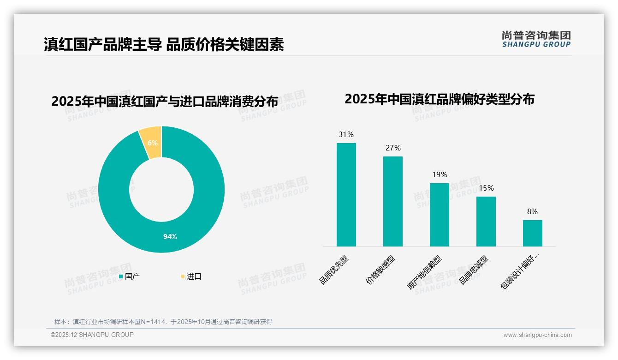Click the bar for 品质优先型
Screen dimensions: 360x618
click(x=346, y=195)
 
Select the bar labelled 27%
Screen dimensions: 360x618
click(x=392, y=201)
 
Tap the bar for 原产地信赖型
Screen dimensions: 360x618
click(x=439, y=215)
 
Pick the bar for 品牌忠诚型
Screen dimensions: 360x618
click(x=486, y=222)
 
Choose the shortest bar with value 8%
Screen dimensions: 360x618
click(x=532, y=233)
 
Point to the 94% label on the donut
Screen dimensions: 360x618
click(x=170, y=236)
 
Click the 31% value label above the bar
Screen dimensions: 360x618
click(x=346, y=135)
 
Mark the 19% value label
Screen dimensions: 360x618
click(x=439, y=175)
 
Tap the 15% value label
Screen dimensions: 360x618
click(x=486, y=188)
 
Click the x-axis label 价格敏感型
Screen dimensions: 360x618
click(x=381, y=270)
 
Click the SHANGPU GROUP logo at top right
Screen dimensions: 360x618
click(x=536, y=39)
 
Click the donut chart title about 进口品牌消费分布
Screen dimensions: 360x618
click(x=165, y=101)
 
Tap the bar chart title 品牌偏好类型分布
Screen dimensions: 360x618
click(x=439, y=99)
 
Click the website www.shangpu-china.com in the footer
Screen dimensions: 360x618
click(x=537, y=335)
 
